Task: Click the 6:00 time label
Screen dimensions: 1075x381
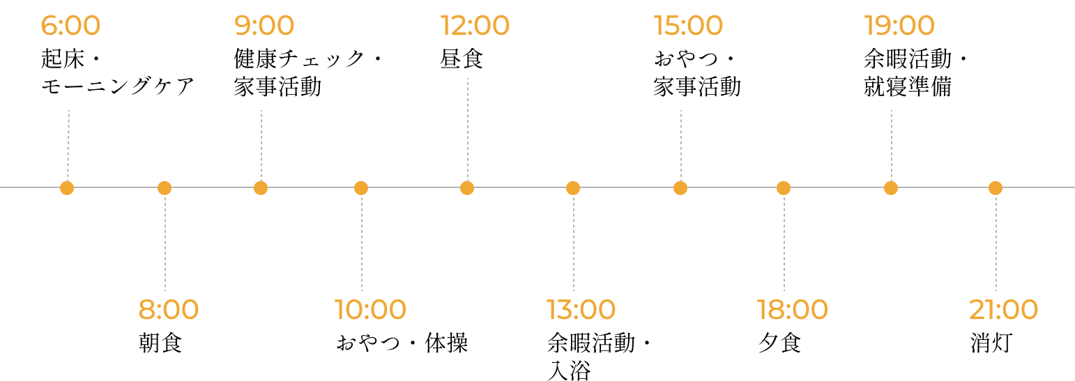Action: [x=70, y=25]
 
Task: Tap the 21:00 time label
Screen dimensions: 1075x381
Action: [x=1003, y=309]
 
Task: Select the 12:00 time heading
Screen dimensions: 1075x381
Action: [x=475, y=25]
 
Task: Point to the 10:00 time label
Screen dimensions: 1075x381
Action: [x=370, y=309]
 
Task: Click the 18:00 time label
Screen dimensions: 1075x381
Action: [x=793, y=309]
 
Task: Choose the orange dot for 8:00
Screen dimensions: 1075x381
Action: [x=165, y=188]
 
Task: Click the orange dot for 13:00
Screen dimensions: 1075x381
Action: [x=573, y=188]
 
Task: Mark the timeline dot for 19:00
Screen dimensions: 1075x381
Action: [x=891, y=188]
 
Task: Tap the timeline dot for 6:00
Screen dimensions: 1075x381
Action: [x=67, y=188]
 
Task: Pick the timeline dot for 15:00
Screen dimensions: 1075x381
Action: [x=680, y=188]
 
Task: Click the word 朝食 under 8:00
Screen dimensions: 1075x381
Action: [x=161, y=343]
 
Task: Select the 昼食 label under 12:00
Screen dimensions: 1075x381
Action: [x=462, y=59]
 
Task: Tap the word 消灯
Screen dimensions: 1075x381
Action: [x=991, y=343]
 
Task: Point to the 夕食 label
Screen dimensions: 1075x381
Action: [x=780, y=343]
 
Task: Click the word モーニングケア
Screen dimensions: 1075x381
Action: [x=118, y=87]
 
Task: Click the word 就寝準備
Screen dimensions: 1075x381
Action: [x=908, y=87]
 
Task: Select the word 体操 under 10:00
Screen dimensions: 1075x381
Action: [x=446, y=343]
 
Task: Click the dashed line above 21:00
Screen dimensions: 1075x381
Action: [x=996, y=243]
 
